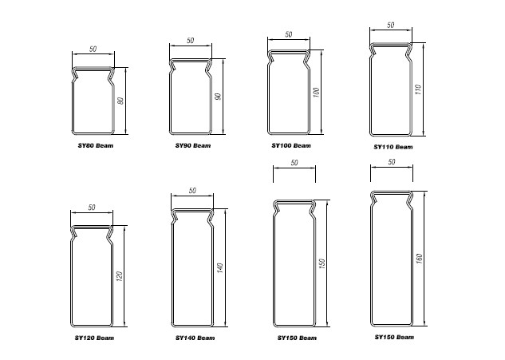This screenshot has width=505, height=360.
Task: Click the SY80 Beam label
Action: [x=95, y=145]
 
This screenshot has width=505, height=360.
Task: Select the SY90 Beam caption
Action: [x=193, y=145]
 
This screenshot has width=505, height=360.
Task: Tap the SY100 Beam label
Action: [x=291, y=145]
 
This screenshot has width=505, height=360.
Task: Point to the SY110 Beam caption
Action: [x=393, y=147]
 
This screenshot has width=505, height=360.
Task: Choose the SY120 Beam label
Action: [x=94, y=338]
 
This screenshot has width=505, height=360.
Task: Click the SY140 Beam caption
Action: [x=195, y=338]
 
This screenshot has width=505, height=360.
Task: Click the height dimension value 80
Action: [x=120, y=101]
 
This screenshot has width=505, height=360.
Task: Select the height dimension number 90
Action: [x=218, y=97]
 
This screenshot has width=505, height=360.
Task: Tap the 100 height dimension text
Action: [x=316, y=92]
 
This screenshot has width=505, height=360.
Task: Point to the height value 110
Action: [x=418, y=89]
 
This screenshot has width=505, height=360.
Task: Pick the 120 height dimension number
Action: [x=119, y=276]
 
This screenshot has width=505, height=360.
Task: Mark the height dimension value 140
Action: [x=219, y=268]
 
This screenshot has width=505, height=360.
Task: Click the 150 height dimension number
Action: [x=322, y=263]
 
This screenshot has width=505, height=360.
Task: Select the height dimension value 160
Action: [x=419, y=259]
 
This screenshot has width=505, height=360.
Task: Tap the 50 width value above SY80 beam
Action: [x=93, y=49]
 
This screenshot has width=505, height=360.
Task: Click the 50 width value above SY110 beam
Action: [x=390, y=25]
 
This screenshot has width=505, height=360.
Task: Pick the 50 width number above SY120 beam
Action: [x=92, y=208]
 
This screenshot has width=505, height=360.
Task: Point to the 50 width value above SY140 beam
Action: [x=192, y=191]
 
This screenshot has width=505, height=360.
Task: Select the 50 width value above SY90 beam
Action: [x=191, y=41]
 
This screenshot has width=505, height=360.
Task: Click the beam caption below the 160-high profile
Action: [x=394, y=337]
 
